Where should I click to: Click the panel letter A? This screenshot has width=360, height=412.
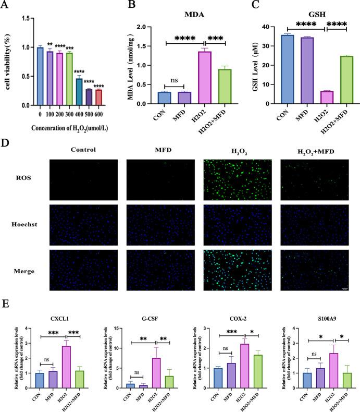click(x=6, y=6)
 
